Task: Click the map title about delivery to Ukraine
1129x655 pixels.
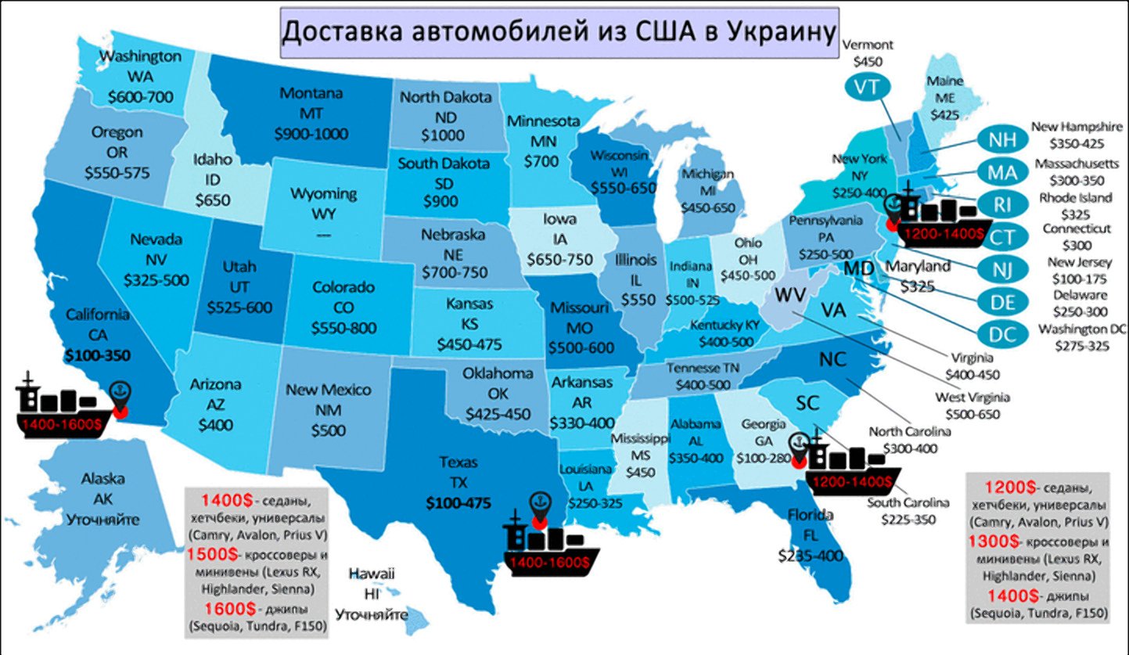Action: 559,34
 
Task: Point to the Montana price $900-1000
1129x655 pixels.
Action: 311,133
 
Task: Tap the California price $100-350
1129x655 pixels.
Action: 97,354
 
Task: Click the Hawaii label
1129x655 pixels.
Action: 372,573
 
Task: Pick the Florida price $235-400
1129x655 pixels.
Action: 810,556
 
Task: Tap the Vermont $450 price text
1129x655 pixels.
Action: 867,60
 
